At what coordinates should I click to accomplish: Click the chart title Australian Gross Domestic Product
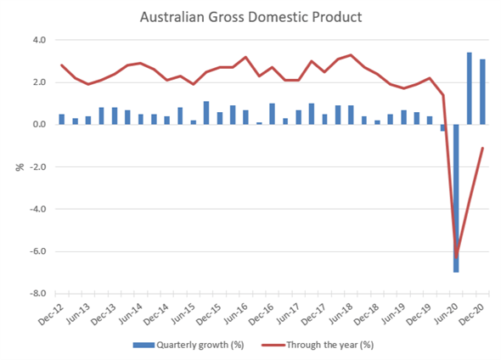tap(250, 17)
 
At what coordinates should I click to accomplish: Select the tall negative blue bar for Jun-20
tap(456, 198)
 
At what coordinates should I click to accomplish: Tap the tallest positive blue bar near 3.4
tap(469, 88)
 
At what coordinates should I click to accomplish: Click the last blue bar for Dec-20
tap(482, 92)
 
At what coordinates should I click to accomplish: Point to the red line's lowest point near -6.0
tap(456, 257)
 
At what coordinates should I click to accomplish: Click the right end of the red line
tap(483, 148)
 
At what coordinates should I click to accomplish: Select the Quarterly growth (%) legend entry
tap(189, 345)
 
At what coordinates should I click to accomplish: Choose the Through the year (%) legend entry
tap(318, 345)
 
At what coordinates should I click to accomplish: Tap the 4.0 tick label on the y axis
tap(39, 40)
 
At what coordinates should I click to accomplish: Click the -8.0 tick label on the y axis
tap(37, 293)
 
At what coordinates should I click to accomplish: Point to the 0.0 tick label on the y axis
tap(39, 125)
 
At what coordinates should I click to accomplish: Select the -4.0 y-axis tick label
tap(37, 209)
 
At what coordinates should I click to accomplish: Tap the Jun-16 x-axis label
tap(235, 313)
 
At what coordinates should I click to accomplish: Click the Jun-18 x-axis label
tap(341, 313)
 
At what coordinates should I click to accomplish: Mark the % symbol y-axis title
tap(20, 166)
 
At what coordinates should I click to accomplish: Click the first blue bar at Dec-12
tap(62, 120)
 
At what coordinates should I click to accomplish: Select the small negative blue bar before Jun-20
tap(443, 127)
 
